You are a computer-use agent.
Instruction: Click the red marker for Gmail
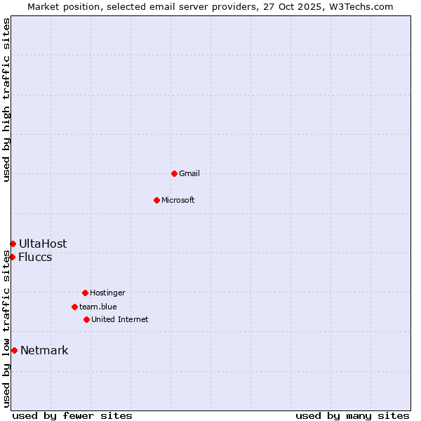coord(174,173)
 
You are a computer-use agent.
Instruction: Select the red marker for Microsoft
coord(156,200)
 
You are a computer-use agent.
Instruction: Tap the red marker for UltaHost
coord(13,243)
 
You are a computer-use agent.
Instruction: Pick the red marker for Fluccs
coord(12,257)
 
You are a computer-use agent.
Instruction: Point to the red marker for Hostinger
coord(85,293)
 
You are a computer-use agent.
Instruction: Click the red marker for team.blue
coord(74,307)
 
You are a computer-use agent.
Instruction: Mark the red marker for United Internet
coord(86,319)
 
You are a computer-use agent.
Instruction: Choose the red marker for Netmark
coord(14,350)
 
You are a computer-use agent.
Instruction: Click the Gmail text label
coord(189,173)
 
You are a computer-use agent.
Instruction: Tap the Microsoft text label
coord(178,200)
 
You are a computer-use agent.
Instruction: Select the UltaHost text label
coord(43,243)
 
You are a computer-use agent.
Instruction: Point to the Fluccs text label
coord(35,257)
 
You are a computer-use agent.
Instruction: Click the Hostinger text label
coord(107,293)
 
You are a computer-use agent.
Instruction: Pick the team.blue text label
coord(98,307)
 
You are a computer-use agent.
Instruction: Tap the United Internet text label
coord(120,319)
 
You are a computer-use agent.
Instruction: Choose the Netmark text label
coord(44,350)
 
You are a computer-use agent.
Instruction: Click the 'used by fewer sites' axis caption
coord(72,415)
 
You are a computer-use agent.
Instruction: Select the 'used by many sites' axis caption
coord(352,415)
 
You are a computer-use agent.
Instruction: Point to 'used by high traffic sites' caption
coord(6,100)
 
